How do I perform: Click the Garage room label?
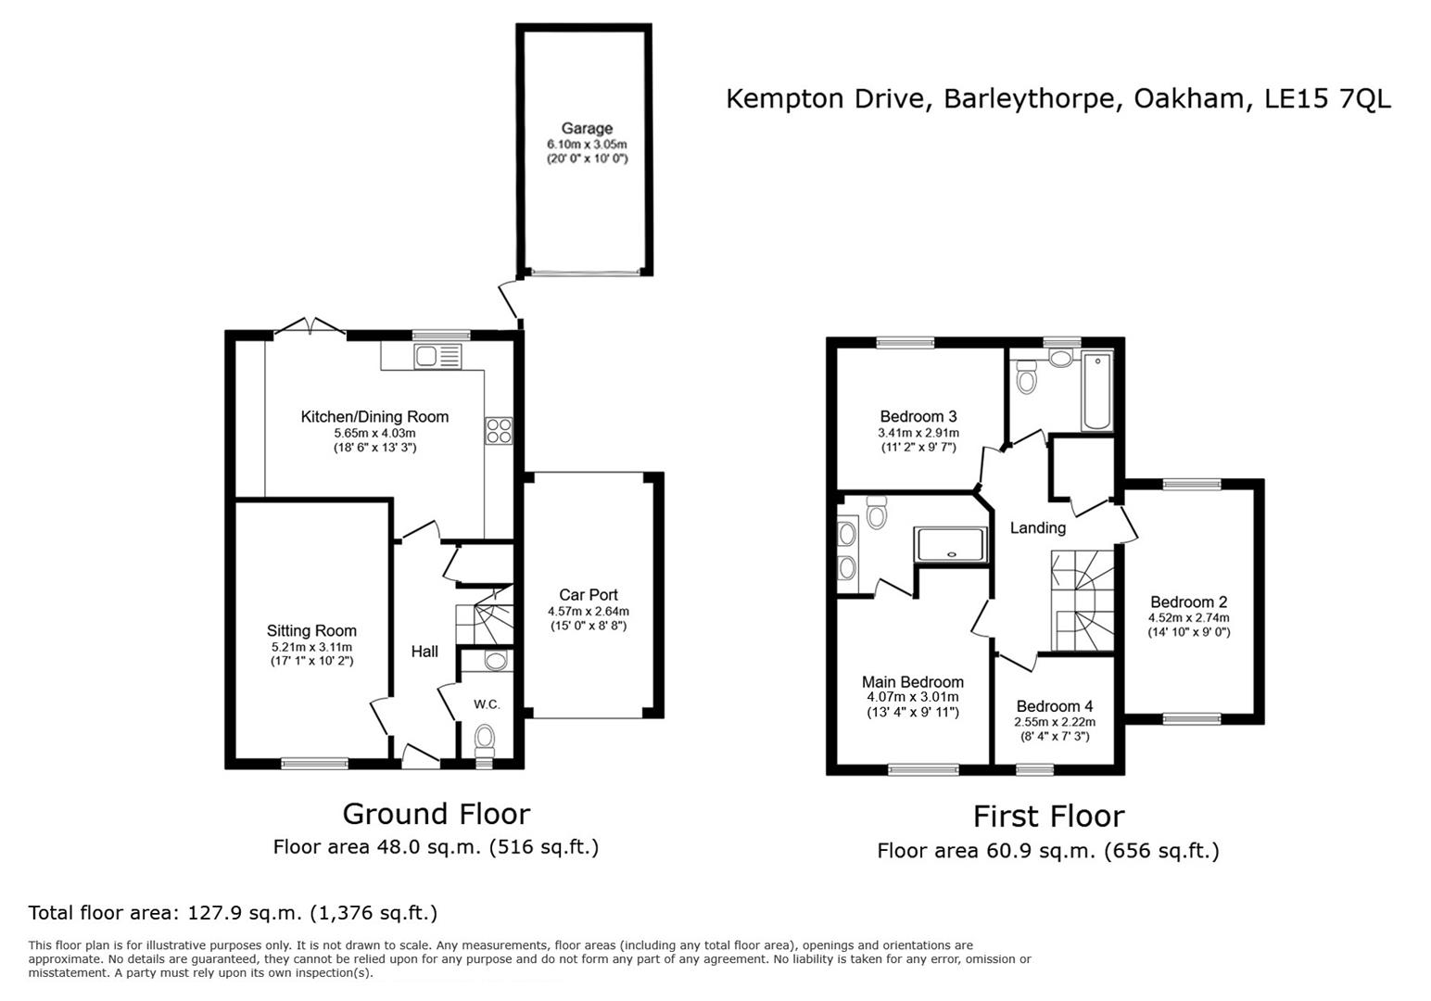(586, 129)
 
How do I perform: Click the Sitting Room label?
(311, 631)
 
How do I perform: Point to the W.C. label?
(487, 704)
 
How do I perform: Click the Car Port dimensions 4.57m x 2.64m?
(588, 611)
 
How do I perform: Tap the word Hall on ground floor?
(424, 652)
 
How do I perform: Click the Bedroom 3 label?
(918, 416)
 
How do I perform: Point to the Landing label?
(1037, 527)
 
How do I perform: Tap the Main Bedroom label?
(912, 682)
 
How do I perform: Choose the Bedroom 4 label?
(1054, 706)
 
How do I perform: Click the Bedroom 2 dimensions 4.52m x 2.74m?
(1188, 617)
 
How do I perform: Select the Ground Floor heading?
(436, 814)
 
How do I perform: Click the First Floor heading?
(1048, 817)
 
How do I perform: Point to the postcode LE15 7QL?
(1327, 99)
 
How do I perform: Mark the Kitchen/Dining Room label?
(374, 417)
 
